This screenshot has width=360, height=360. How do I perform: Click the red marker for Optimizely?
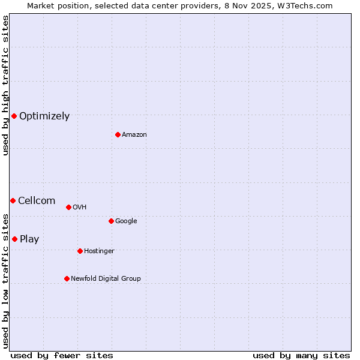pyautogui.click(x=14, y=116)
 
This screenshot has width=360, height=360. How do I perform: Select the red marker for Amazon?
pyautogui.click(x=118, y=134)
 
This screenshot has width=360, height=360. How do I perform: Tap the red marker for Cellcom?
pyautogui.click(x=13, y=200)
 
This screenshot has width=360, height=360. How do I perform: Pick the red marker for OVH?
pyautogui.click(x=68, y=207)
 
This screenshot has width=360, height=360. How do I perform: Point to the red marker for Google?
pyautogui.click(x=111, y=221)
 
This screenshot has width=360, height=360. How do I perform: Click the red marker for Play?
pyautogui.click(x=14, y=239)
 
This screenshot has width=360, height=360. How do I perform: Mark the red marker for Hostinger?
pyautogui.click(x=80, y=251)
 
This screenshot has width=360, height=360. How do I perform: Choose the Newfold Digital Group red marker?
pyautogui.click(x=67, y=278)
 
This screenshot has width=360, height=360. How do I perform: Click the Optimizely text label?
pyautogui.click(x=44, y=116)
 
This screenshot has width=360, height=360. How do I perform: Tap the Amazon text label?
pyautogui.click(x=134, y=135)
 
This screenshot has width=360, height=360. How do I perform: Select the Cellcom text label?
pyautogui.click(x=37, y=201)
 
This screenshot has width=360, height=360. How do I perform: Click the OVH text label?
pyautogui.click(x=80, y=208)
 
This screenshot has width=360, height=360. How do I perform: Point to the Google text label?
pyautogui.click(x=126, y=221)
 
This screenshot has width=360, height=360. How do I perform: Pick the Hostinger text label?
pyautogui.click(x=99, y=251)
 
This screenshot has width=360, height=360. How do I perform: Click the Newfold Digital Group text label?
pyautogui.click(x=106, y=279)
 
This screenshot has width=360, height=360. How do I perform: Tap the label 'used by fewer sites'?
pyautogui.click(x=62, y=355)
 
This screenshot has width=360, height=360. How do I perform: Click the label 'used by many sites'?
pyautogui.click(x=301, y=355)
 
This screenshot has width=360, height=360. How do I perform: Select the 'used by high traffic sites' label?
pyautogui.click(x=5, y=85)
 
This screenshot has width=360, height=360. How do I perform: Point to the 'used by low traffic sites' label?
pyautogui.click(x=5, y=280)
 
